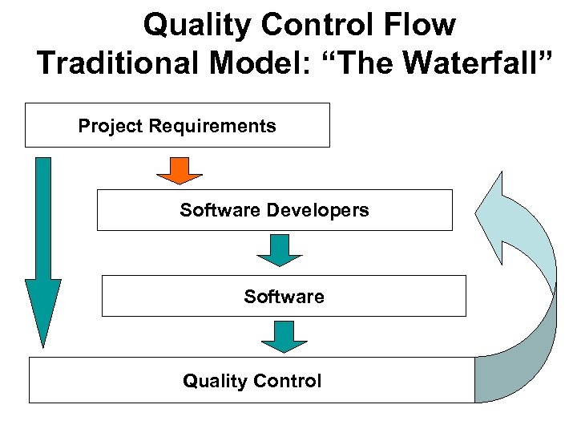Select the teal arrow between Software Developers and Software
pos(279,250)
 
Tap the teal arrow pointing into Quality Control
pos(284,337)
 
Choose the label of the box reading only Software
pos(284,297)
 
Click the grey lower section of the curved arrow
pos(521,353)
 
